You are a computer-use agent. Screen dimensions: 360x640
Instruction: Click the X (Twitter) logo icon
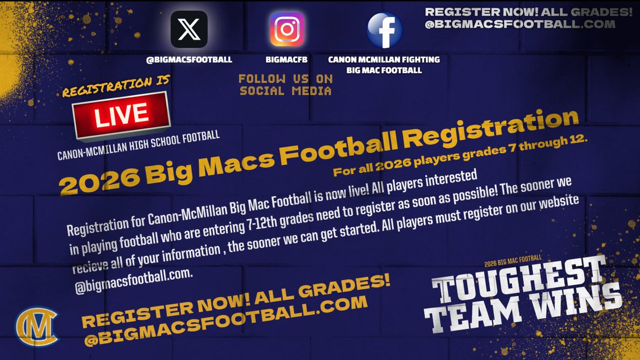coord(188,30)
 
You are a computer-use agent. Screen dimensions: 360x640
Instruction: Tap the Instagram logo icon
coord(286,30)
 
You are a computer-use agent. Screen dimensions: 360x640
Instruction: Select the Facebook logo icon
coord(385,30)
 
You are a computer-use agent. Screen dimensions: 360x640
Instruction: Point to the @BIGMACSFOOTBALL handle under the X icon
coord(189,60)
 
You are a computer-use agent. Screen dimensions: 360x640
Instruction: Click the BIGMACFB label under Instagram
coord(287,60)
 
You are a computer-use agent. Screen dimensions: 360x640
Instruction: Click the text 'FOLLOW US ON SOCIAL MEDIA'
coord(286,85)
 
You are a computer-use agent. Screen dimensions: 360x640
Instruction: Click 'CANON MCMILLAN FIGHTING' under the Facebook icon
coord(385,60)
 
